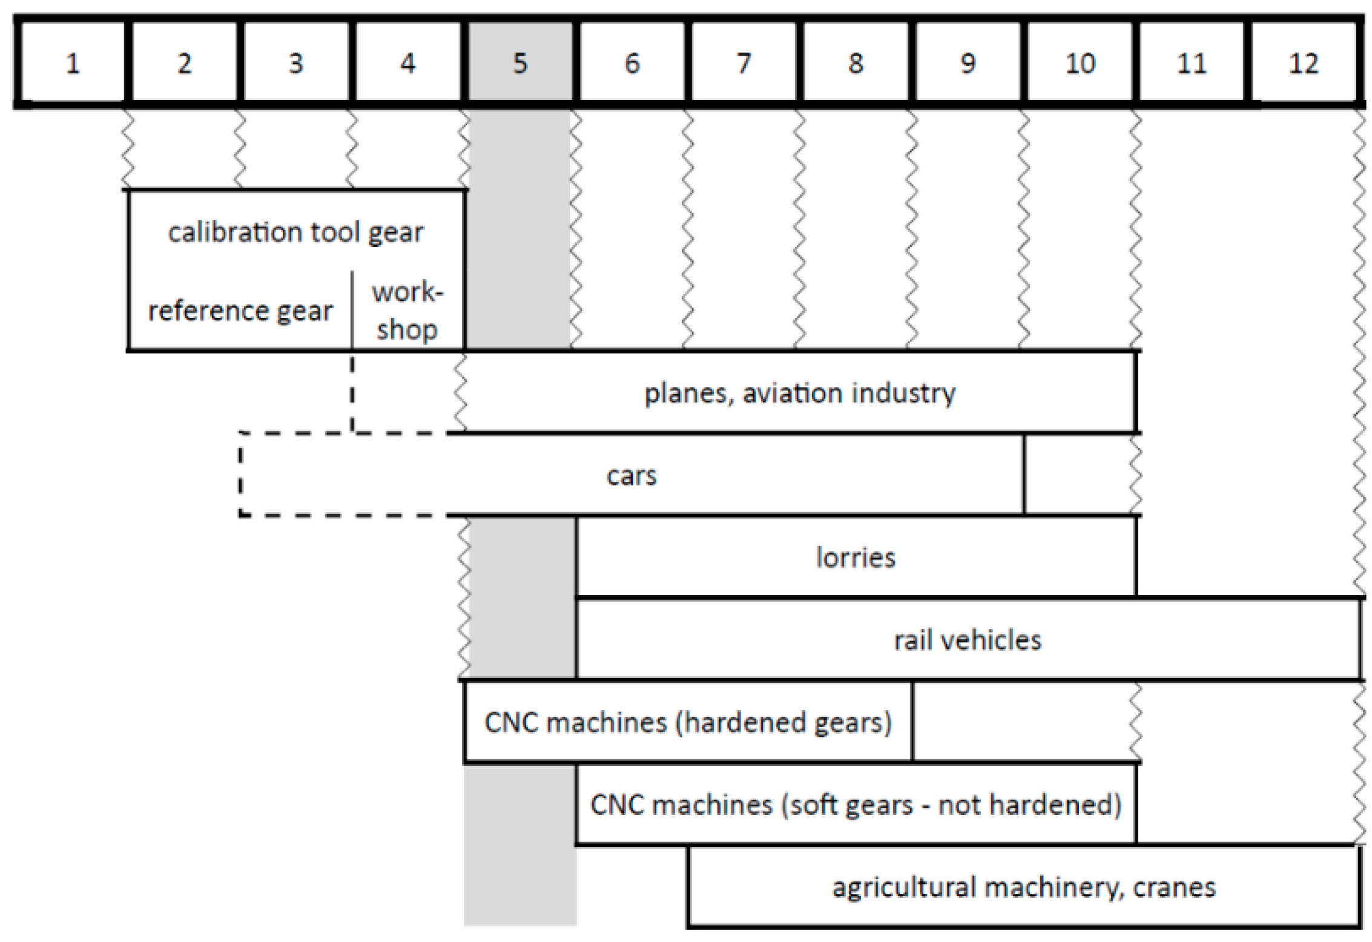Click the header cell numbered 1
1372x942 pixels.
(73, 63)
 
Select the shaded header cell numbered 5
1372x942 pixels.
(520, 63)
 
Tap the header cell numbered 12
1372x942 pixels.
(1303, 63)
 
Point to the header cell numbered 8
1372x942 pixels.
(856, 63)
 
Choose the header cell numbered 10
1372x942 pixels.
(1080, 63)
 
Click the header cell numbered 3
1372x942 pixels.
(295, 63)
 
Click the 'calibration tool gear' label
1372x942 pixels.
(295, 232)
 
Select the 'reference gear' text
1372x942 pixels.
(240, 311)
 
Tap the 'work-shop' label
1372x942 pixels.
(407, 311)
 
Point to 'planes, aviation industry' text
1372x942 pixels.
(799, 394)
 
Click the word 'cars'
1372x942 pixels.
(632, 476)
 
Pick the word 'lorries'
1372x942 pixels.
(855, 558)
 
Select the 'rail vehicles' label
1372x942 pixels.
(967, 640)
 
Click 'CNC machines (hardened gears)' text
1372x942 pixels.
(688, 722)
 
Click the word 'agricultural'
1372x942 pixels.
(905, 888)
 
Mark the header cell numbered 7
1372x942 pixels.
(744, 63)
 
